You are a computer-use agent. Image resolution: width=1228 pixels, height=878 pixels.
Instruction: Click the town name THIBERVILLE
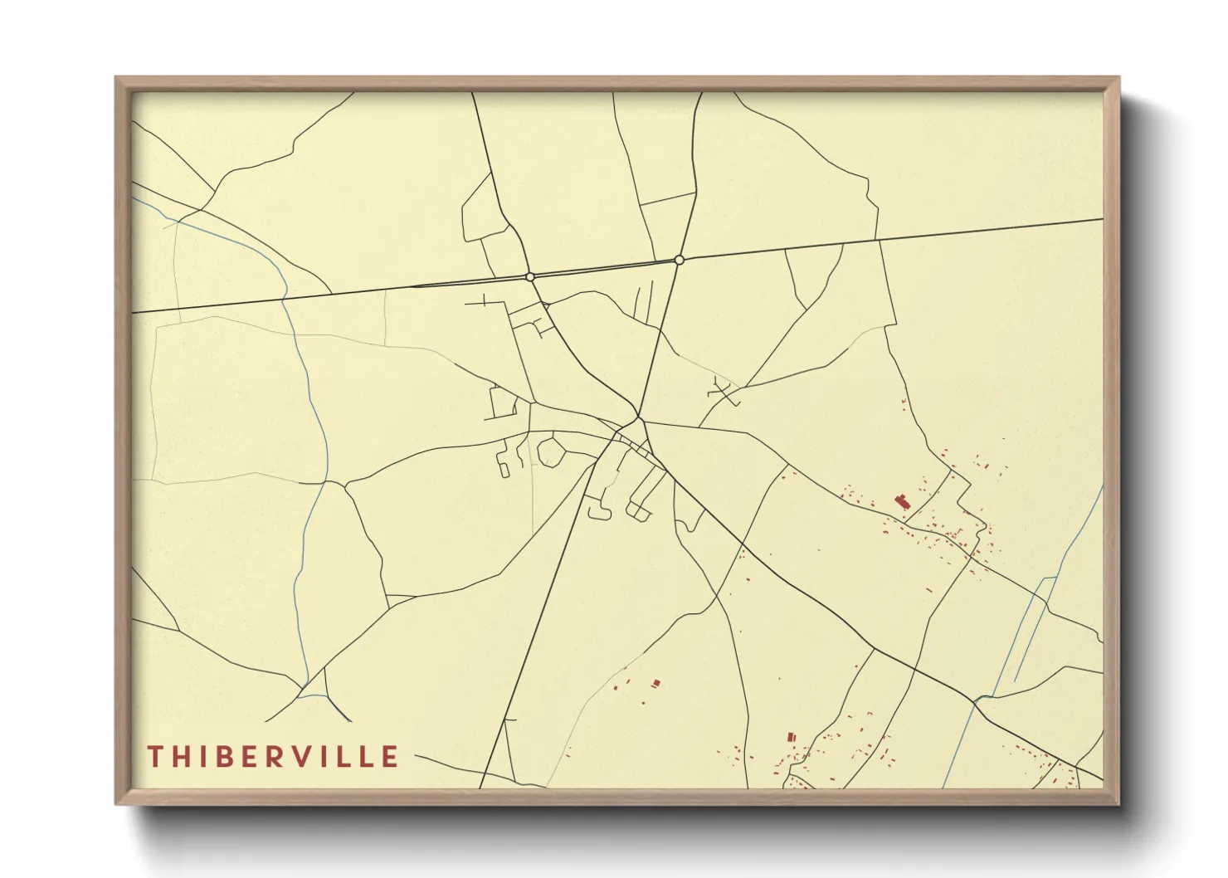273,756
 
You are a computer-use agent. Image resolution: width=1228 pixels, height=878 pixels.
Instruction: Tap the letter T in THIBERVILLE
154,756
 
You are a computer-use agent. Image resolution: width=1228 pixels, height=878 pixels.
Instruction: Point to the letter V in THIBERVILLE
306,756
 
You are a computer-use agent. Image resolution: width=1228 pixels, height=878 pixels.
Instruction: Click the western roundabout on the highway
530,276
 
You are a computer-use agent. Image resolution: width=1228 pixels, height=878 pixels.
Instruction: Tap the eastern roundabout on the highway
680,260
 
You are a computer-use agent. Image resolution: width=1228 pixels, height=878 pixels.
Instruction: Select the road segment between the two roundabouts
606,268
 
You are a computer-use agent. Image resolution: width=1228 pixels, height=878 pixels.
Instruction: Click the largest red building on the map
902,501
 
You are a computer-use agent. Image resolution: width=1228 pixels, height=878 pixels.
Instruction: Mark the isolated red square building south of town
656,683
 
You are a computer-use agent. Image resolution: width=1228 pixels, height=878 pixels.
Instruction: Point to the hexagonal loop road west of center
551,452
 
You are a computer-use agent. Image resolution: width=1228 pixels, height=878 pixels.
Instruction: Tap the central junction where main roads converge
638,417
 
